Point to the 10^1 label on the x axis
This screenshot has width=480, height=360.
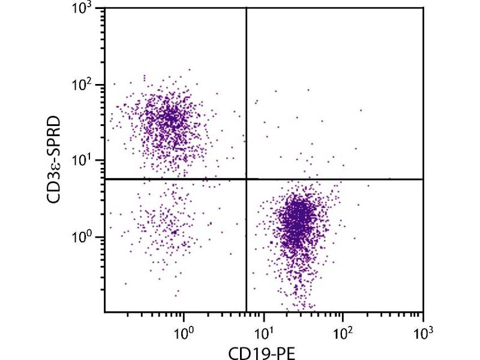click(263, 329)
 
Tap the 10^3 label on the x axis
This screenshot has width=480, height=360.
click(422, 329)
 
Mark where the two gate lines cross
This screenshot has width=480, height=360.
click(247, 179)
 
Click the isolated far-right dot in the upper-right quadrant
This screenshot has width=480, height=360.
click(361, 110)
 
